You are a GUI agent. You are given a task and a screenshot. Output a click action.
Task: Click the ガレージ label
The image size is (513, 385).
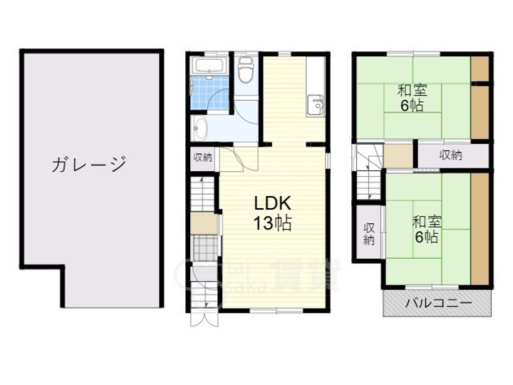[x=88, y=165]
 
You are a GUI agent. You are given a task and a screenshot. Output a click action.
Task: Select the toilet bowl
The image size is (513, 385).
[x=246, y=72]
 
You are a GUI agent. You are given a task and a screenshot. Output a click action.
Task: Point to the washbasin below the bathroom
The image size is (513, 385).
[x=200, y=129]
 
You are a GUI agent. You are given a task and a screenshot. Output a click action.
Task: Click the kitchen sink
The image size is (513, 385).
[x=315, y=106]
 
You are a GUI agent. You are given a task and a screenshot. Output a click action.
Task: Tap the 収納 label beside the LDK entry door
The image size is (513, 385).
[x=202, y=158]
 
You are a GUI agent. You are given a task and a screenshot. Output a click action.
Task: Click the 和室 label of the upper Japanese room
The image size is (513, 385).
[x=412, y=91]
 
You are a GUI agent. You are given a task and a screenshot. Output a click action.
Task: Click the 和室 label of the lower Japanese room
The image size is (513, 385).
[x=426, y=221]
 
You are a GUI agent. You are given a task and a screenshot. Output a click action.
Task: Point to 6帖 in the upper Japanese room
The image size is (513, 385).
[x=413, y=106]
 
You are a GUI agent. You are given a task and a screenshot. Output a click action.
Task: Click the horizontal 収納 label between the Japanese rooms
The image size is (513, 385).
[x=452, y=155]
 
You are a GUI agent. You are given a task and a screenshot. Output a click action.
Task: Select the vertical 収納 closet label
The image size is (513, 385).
[x=368, y=234]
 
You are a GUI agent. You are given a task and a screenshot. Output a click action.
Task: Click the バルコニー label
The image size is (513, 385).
[x=438, y=303]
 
